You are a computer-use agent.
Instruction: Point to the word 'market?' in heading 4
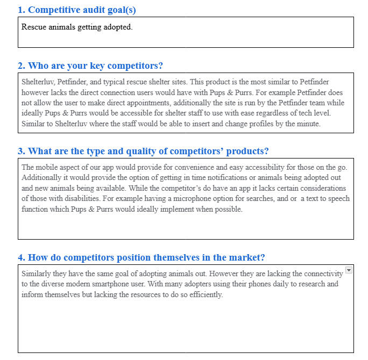(247, 257)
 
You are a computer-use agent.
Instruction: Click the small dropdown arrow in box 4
(349, 270)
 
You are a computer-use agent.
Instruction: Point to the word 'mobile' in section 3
(47, 167)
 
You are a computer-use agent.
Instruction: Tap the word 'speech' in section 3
(338, 198)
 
